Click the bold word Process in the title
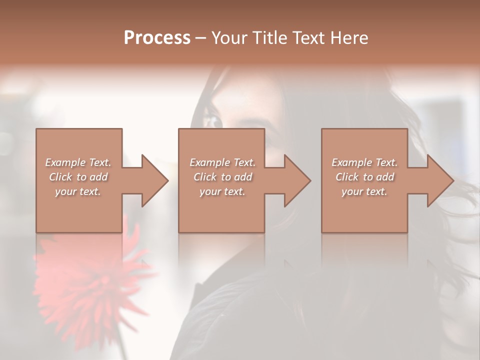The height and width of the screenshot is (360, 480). [x=157, y=38]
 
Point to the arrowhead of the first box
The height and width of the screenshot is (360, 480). [x=155, y=181]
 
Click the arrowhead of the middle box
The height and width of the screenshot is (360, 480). [x=297, y=181]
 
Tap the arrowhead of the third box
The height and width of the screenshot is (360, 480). [x=440, y=181]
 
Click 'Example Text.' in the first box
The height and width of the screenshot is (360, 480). [x=78, y=162]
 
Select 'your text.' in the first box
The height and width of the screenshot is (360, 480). [x=78, y=191]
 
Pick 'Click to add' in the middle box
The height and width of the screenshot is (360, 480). [x=222, y=177]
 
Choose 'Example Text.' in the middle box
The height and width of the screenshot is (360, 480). [x=222, y=162]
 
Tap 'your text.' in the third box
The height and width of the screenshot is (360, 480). [x=364, y=191]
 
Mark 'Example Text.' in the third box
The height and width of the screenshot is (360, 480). [x=364, y=162]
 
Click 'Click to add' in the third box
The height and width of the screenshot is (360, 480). [x=364, y=177]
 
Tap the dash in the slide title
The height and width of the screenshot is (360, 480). [x=201, y=38]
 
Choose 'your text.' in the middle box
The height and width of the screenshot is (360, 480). [x=222, y=191]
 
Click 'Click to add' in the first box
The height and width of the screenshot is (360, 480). [x=78, y=177]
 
